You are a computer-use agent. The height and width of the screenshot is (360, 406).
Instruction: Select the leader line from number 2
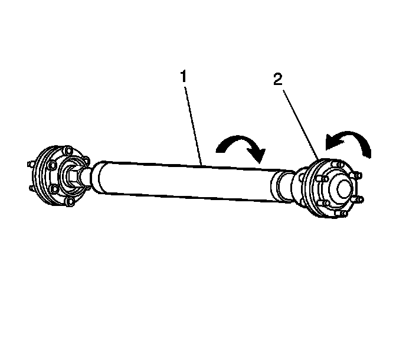(299, 121)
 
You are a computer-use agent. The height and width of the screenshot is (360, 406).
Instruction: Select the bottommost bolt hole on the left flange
(71, 202)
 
